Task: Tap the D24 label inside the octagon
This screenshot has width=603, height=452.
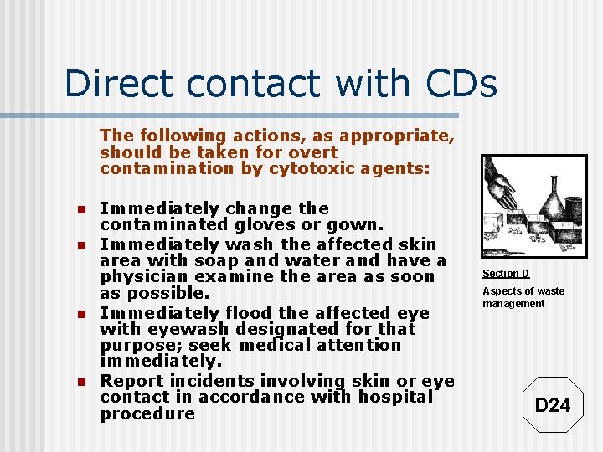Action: (x=552, y=406)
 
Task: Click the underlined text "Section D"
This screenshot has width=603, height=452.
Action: (x=505, y=274)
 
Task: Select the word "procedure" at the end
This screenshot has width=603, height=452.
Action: (x=147, y=413)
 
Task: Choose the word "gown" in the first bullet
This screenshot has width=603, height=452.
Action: (x=358, y=224)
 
